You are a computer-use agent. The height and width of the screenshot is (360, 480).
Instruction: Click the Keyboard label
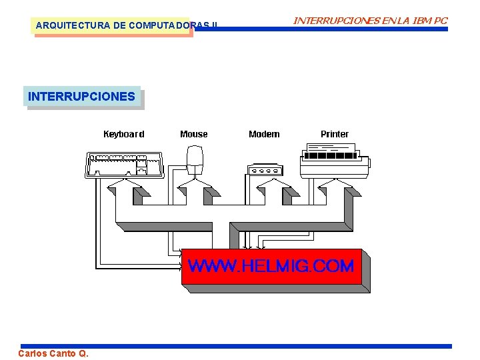tap(123, 134)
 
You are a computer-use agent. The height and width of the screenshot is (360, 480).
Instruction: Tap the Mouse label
tap(194, 134)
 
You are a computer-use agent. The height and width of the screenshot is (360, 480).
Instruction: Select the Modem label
tap(264, 134)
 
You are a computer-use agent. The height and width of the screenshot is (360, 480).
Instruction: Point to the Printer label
tap(335, 134)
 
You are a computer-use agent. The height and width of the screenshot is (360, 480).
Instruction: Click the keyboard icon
tap(125, 165)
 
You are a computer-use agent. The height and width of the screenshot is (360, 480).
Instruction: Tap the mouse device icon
tap(195, 161)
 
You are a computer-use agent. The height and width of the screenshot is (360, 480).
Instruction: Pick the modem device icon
tap(265, 169)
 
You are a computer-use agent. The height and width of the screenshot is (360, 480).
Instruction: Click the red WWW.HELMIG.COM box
tap(271, 267)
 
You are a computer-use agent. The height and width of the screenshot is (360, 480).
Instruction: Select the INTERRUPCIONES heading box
tap(81, 97)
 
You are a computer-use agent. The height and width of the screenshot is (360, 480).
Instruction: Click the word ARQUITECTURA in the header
tap(65, 26)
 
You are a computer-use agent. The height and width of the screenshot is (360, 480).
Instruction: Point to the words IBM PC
tap(431, 21)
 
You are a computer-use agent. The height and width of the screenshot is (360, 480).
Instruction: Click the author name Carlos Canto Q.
tap(53, 353)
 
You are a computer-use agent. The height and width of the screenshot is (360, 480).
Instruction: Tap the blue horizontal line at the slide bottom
tap(267, 346)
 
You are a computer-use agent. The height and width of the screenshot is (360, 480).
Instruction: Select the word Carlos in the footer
tap(32, 353)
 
